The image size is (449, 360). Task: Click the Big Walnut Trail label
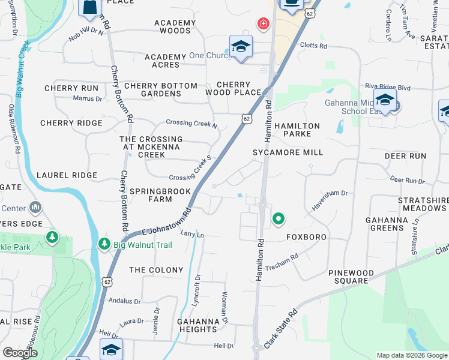pyautogui.click(x=143, y=245)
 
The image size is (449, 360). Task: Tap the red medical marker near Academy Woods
pyautogui.click(x=262, y=24)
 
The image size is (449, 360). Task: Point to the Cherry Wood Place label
pyautogui.click(x=233, y=88)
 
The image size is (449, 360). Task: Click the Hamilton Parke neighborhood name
pyautogui.click(x=297, y=130)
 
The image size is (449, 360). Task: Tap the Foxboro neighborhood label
pyautogui.click(x=306, y=237)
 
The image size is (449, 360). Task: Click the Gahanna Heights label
pyautogui.click(x=197, y=325)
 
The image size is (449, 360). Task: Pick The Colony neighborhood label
pyautogui.click(x=156, y=270)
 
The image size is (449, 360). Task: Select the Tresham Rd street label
pyautogui.click(x=282, y=262)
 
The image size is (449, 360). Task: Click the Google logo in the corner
pyautogui.click(x=20, y=353)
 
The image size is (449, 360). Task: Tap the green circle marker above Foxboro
pyautogui.click(x=278, y=219)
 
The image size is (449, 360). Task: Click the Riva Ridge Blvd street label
pyautogui.click(x=391, y=88)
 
